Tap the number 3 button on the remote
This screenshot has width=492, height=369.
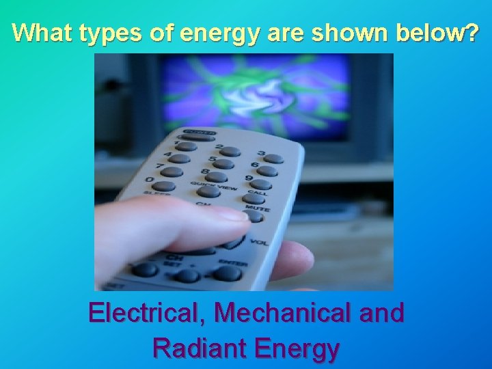[273, 159]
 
